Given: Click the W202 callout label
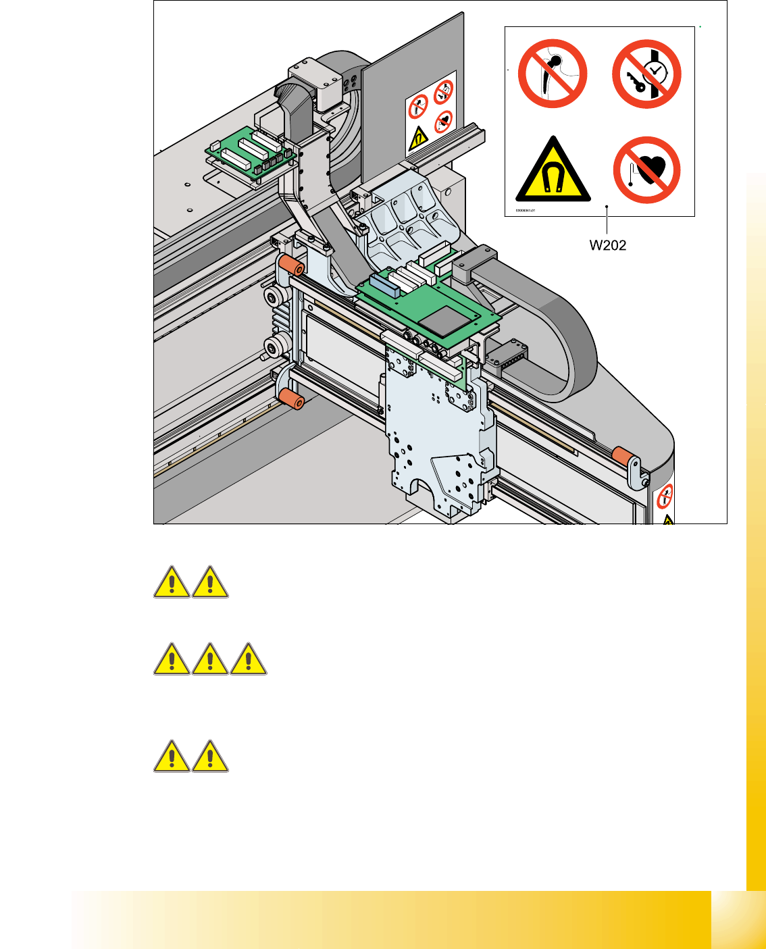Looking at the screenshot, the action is click(608, 245).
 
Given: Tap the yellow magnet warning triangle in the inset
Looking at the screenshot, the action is click(553, 171).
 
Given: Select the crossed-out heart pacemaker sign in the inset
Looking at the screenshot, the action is click(646, 170).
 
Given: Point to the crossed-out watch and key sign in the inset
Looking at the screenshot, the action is click(646, 74).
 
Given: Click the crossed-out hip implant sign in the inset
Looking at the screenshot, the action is click(553, 73).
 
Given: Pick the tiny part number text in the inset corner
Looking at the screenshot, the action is click(526, 210).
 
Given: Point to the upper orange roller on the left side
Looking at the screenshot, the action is click(291, 265).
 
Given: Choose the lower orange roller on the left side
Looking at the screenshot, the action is click(291, 399).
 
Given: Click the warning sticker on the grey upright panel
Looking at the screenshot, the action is click(430, 113).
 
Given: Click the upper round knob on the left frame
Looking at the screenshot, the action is click(274, 297).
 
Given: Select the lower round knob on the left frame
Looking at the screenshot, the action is click(274, 348).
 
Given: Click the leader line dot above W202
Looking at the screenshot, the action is click(608, 207).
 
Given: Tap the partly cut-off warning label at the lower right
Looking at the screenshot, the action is click(666, 503).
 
